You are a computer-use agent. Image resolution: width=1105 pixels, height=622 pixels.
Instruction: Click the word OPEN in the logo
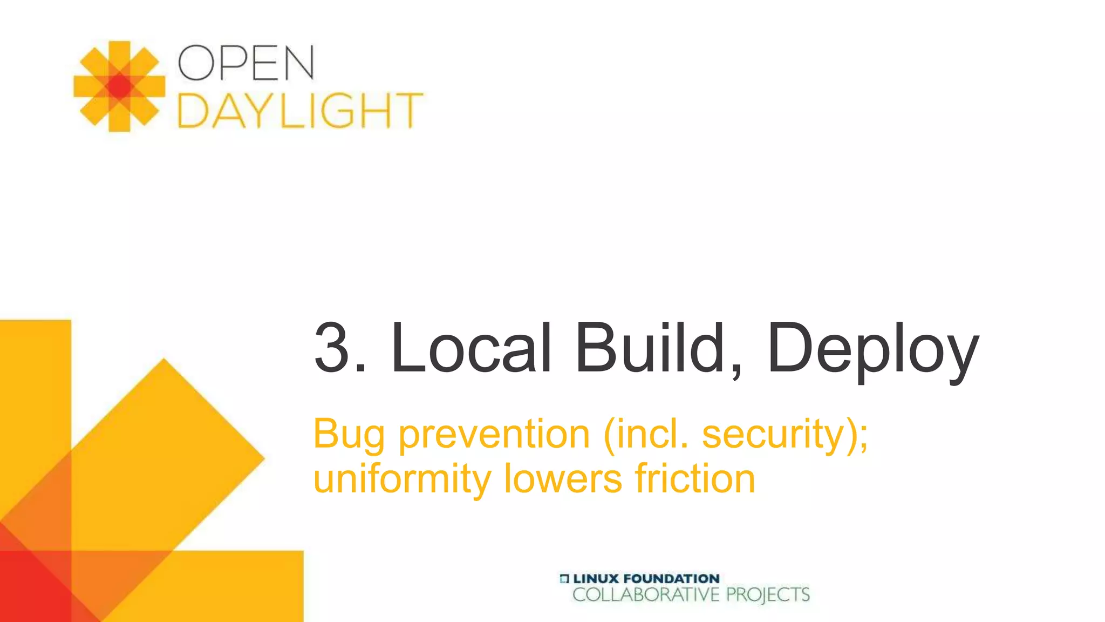[246, 63]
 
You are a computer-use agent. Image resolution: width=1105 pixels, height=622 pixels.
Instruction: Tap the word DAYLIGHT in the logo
[300, 111]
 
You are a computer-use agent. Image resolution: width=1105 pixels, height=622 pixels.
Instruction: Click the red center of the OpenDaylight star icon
[119, 86]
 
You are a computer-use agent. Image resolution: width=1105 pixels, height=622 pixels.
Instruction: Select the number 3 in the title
[332, 347]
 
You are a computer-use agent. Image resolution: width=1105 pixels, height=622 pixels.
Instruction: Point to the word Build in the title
[650, 347]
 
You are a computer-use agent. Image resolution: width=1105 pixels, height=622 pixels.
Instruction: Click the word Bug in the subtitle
[349, 434]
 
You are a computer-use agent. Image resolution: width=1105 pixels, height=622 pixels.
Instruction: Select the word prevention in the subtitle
[494, 434]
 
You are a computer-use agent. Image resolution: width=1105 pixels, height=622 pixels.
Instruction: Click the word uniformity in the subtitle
[402, 479]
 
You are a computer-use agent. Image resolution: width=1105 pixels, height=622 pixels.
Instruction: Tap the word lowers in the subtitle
[563, 479]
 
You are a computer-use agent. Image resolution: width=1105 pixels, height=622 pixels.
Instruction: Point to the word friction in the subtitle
[695, 479]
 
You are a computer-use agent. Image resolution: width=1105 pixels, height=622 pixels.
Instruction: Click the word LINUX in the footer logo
[596, 578]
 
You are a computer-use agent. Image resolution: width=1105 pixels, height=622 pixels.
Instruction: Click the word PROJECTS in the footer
[768, 595]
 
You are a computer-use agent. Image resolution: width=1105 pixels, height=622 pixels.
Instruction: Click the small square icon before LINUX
[564, 579]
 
